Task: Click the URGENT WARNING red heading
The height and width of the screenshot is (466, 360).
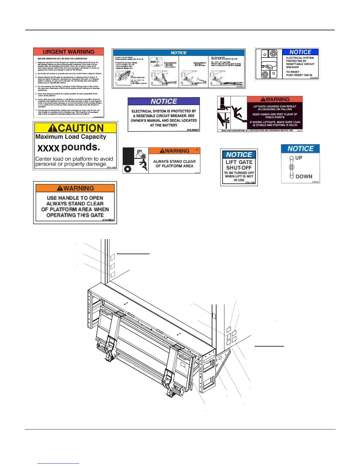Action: tap(69, 52)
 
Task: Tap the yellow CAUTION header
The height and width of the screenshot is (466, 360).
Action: tap(76, 128)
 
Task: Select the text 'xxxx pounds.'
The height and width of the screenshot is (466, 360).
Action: tap(69, 147)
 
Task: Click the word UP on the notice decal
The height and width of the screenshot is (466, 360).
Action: tap(299, 158)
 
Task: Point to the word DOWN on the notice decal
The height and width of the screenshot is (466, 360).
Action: tap(304, 177)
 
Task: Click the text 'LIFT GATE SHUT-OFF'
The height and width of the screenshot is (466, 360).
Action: tap(239, 165)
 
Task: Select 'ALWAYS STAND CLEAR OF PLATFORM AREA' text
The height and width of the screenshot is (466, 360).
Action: tap(174, 164)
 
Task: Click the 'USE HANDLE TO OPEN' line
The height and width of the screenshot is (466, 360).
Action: tap(75, 198)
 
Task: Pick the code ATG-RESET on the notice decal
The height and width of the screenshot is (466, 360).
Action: tap(193, 130)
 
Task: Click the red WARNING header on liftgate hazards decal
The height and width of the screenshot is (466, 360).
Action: tap(275, 99)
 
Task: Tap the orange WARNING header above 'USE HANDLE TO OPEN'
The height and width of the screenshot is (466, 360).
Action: tap(75, 188)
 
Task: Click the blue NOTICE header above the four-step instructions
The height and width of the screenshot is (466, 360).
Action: tap(179, 53)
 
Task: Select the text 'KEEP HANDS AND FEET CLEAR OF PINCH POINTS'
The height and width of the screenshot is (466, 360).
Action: tap(275, 116)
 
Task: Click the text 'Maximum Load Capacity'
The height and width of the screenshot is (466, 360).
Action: tap(71, 137)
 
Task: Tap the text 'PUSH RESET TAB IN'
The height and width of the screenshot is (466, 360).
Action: tap(299, 75)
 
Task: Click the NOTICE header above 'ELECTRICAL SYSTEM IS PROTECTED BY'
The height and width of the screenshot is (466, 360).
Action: tap(164, 101)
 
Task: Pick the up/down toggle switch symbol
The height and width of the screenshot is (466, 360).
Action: tap(291, 167)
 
